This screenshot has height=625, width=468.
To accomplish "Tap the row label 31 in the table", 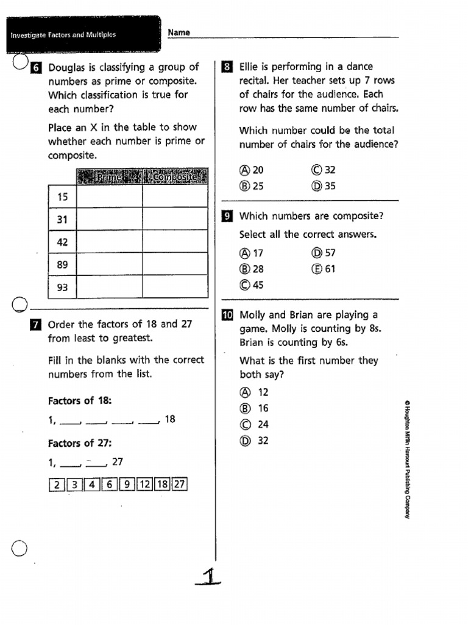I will click(x=62, y=219).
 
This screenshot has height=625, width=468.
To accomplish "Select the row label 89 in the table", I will click(x=62, y=264).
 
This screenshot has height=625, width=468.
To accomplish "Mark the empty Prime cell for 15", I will click(x=110, y=197).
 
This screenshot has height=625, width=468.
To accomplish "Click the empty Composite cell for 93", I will click(x=175, y=287).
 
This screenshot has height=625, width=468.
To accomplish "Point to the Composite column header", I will click(x=175, y=176).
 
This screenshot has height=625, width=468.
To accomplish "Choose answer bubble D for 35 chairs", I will click(x=316, y=186).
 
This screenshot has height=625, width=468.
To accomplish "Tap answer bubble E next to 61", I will click(x=316, y=269).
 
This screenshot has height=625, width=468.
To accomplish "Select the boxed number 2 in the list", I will click(x=56, y=485).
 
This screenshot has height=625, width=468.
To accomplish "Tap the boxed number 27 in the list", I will click(x=179, y=485).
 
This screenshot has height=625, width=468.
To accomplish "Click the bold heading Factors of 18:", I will click(x=80, y=401).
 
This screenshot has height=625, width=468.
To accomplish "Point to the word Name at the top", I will click(x=179, y=32).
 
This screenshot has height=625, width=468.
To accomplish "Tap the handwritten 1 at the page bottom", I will click(x=210, y=576).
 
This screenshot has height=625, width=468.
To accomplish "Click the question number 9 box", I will click(x=227, y=217).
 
